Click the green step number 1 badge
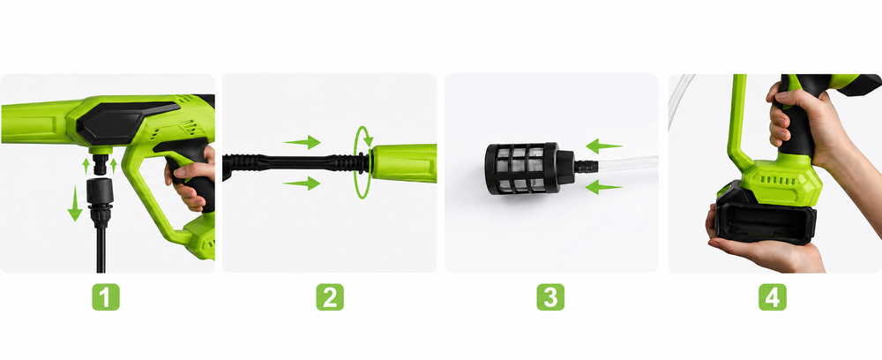click(x=106, y=296)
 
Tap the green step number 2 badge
click(x=330, y=296)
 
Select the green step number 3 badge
click(x=550, y=296)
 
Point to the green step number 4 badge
click(x=773, y=296)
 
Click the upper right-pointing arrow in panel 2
click(x=302, y=142)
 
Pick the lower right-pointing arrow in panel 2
click(x=302, y=183)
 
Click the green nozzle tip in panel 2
click(x=403, y=163)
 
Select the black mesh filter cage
click(x=522, y=169)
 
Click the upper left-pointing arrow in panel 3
click(x=603, y=146)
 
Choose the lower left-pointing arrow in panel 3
click(x=603, y=187)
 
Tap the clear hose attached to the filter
click(x=628, y=164)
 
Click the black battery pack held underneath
click(x=766, y=218)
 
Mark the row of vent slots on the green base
click(x=780, y=181)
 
